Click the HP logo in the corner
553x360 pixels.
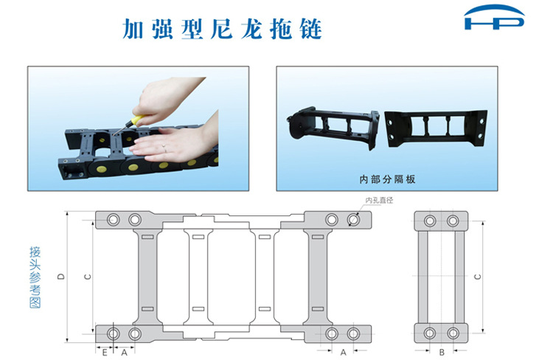coord(495,17)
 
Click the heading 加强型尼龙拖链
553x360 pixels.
coord(222,29)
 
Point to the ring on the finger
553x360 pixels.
coord(164,147)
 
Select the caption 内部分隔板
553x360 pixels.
coord(387,179)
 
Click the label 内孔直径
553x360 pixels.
coord(379,200)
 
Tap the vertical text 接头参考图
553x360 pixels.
coord(35,277)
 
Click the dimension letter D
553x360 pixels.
coord(61,277)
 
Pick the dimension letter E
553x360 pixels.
coord(105,352)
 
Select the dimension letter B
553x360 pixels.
coord(442,352)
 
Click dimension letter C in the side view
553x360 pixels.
coord(478,277)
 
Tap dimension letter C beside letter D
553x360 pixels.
coord(88,277)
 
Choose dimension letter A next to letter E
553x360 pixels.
coord(124,352)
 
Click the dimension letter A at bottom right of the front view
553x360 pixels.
coord(343,352)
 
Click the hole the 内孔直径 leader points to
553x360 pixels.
coord(353,220)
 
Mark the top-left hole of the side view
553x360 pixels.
coord(430,221)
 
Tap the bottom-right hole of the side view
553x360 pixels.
coord(453,333)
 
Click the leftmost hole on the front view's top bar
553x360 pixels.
coord(114,220)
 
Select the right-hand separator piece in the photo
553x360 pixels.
coord(436,128)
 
